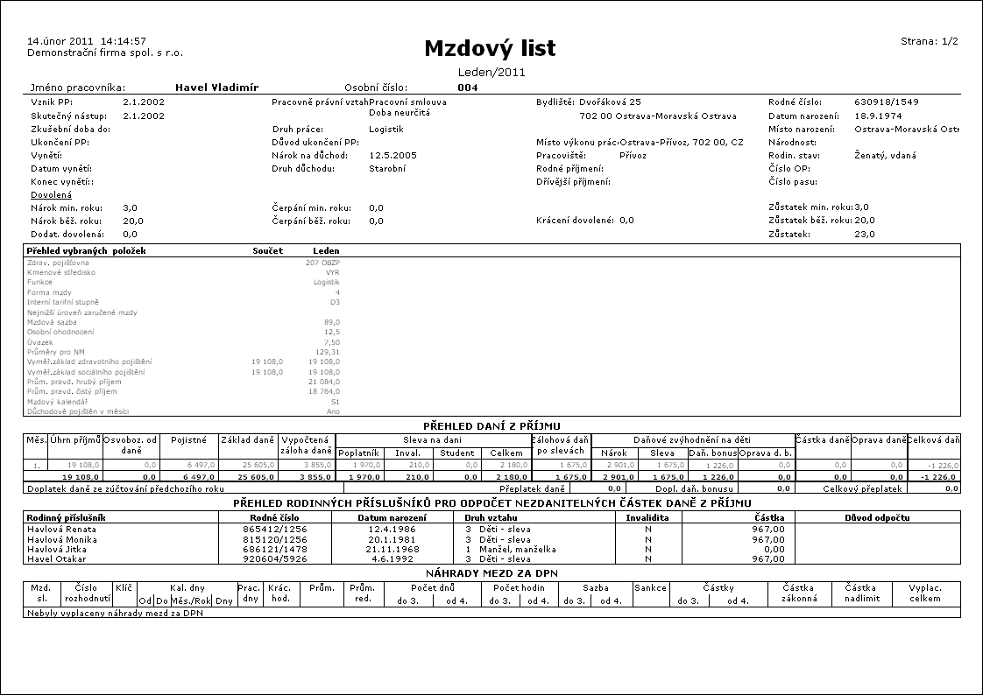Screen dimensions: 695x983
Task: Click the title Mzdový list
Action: (490, 49)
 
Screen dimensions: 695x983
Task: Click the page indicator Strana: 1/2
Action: (930, 41)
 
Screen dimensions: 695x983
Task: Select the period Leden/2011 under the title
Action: (491, 73)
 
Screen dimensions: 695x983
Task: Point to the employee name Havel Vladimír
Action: (217, 88)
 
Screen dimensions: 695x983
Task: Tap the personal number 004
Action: (467, 88)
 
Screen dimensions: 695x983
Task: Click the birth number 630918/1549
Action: (887, 102)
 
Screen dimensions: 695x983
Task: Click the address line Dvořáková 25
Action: (610, 102)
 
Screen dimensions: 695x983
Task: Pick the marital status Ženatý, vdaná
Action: (885, 155)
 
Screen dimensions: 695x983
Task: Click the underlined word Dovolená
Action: (51, 194)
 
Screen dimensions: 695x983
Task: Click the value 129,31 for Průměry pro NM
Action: (327, 352)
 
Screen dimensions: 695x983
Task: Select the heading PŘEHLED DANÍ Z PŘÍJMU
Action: (491, 424)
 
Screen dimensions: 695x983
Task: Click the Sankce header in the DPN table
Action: (645, 588)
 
